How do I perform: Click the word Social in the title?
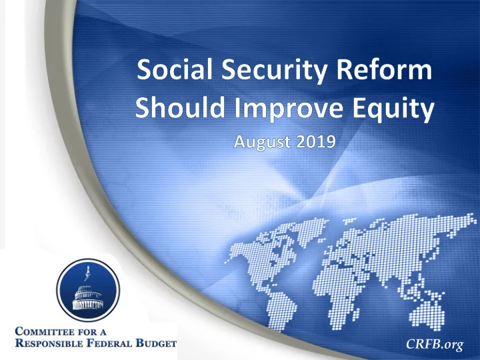click(x=175, y=69)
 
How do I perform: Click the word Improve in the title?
click(x=289, y=109)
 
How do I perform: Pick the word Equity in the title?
click(x=393, y=109)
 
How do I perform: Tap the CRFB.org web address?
click(x=435, y=344)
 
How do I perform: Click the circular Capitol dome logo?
click(x=88, y=290)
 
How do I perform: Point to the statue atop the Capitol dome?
click(x=87, y=275)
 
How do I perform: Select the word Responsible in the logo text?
click(x=49, y=343)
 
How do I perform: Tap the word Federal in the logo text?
click(x=109, y=343)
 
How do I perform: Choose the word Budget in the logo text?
click(x=156, y=343)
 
